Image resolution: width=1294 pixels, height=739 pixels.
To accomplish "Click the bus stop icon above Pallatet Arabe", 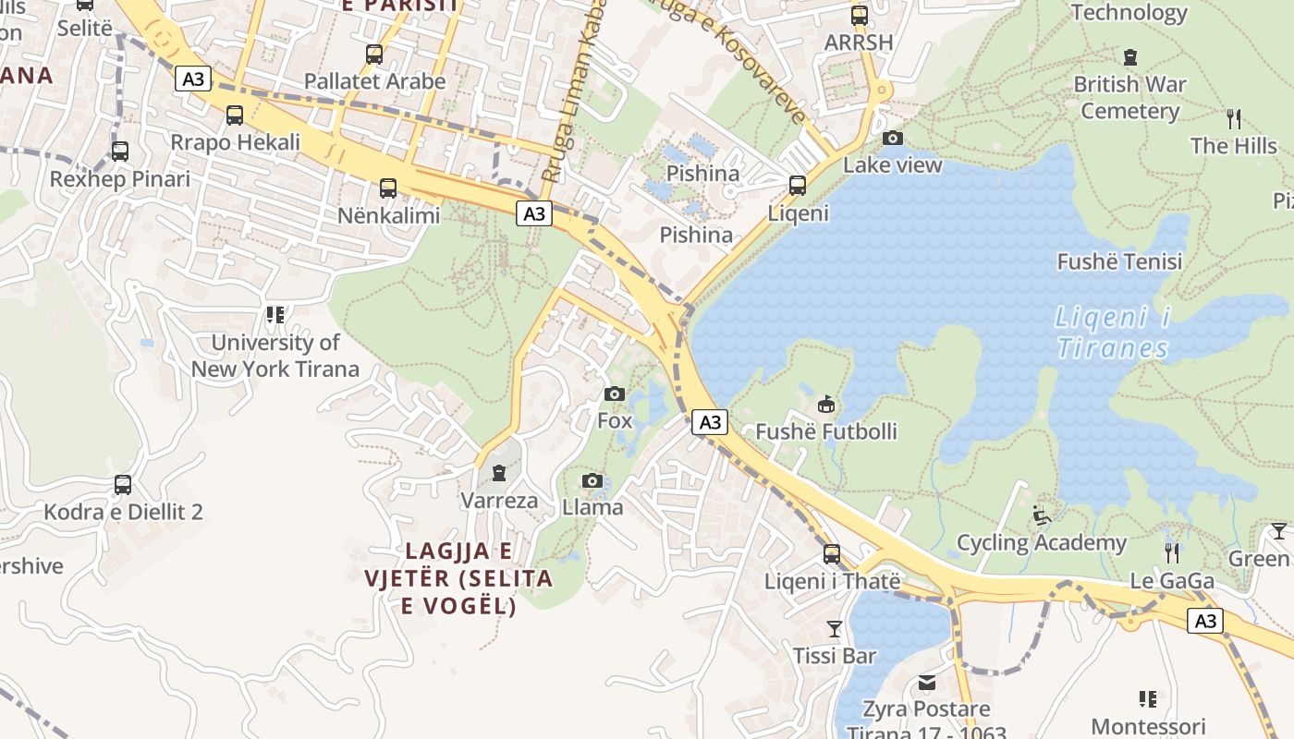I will click(x=374, y=55).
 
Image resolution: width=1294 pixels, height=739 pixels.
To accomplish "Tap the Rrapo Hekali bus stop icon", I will click(x=235, y=115).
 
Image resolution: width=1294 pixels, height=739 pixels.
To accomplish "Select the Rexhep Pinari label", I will click(x=120, y=179).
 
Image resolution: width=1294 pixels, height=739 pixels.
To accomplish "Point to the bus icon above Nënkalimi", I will click(x=388, y=188).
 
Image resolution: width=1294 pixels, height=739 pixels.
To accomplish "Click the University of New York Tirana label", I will click(x=275, y=356).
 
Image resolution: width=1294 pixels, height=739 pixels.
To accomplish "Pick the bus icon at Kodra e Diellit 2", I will click(x=122, y=485).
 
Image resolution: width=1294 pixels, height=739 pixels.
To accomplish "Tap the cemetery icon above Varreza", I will click(x=499, y=474).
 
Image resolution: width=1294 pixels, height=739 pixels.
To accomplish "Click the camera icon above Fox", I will click(x=615, y=394).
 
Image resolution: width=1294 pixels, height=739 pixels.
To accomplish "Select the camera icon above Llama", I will click(x=592, y=480).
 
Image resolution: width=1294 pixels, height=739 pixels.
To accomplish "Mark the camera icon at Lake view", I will click(x=893, y=139).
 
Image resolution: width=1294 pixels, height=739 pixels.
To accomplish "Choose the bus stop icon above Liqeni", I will click(x=798, y=186).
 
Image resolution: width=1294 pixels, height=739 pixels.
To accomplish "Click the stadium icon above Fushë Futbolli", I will click(x=826, y=405).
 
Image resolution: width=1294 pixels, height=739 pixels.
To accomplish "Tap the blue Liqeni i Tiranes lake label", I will click(x=1113, y=333).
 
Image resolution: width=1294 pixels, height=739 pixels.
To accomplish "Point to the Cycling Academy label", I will click(x=1042, y=543).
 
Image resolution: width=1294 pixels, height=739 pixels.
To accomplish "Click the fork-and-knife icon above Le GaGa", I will click(x=1172, y=553).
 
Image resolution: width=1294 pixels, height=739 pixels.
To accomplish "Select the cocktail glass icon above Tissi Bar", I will click(x=835, y=629).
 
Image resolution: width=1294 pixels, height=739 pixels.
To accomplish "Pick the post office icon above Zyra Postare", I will click(x=926, y=683).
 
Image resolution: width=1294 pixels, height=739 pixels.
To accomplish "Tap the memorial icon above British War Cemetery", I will click(x=1129, y=57).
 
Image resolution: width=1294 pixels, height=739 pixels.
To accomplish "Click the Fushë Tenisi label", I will click(x=1119, y=262).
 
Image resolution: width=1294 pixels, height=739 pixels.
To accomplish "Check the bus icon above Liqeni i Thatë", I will click(x=832, y=554).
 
